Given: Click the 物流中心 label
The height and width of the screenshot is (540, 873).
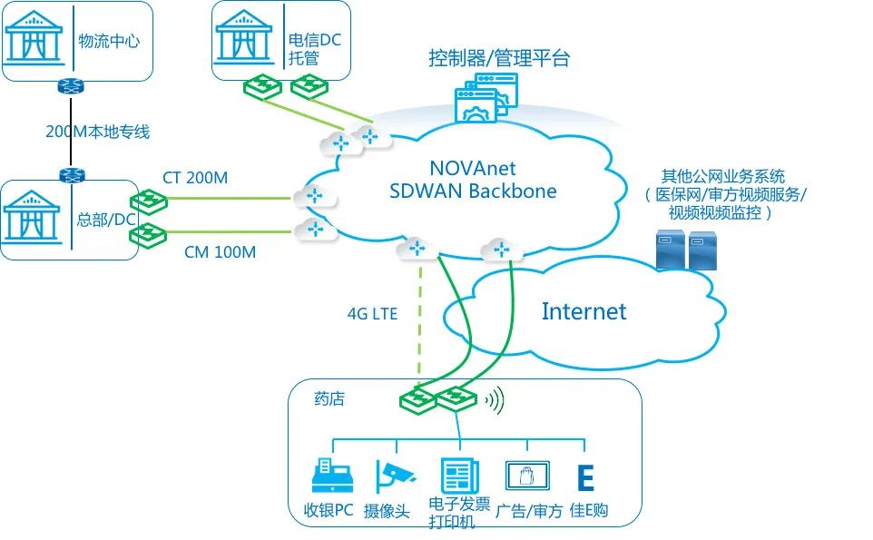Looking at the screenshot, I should click(x=109, y=41).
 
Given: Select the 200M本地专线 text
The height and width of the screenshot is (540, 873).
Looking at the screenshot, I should click(x=97, y=132).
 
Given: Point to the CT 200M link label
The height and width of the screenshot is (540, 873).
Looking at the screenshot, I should click(x=195, y=178).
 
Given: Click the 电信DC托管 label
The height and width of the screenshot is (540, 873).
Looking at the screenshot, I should click(x=315, y=49).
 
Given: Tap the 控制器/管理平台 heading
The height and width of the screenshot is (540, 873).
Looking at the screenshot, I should click(x=499, y=59).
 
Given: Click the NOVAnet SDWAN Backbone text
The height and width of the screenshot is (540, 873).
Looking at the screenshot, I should click(x=473, y=179).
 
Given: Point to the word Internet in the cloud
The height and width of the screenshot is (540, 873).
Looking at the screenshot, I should click(x=584, y=311).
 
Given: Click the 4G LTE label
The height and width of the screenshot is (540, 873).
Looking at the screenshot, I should click(x=372, y=314).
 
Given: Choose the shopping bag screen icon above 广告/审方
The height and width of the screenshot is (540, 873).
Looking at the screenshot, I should click(x=527, y=476).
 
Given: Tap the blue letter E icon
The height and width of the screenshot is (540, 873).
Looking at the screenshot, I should click(x=585, y=478).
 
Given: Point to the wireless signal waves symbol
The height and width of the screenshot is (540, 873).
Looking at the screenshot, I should click(x=495, y=399).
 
